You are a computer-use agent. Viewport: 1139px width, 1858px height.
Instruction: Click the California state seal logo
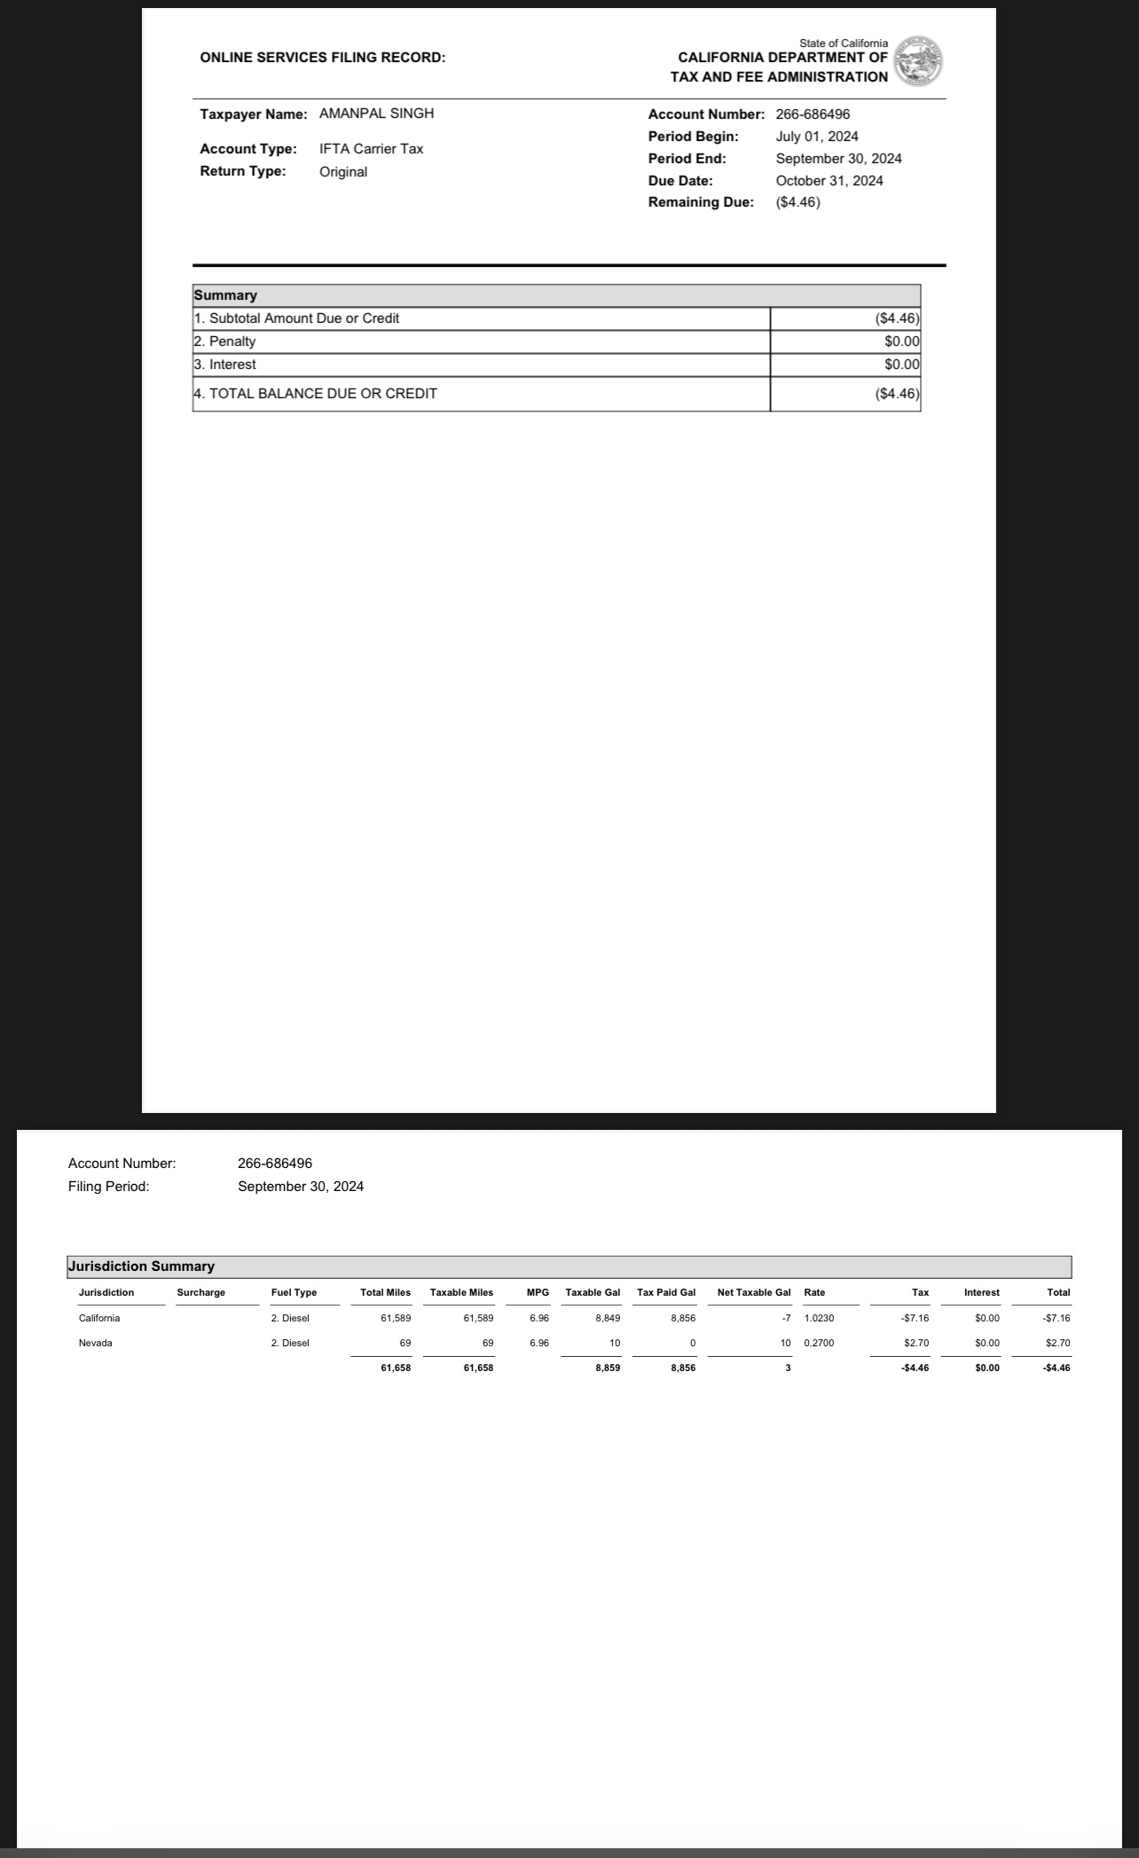(x=918, y=62)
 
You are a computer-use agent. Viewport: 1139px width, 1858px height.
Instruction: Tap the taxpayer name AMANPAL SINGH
(x=376, y=114)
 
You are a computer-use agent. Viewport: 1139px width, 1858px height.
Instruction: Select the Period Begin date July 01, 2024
(x=816, y=137)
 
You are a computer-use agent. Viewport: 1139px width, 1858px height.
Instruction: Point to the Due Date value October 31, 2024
(x=829, y=181)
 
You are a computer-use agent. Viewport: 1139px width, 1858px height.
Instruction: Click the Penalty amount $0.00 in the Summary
(x=901, y=341)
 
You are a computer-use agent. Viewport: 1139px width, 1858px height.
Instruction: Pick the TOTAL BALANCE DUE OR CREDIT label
(x=316, y=394)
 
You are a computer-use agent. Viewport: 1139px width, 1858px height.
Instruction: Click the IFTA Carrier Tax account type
(x=371, y=149)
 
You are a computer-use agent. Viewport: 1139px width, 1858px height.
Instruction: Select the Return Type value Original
(x=343, y=172)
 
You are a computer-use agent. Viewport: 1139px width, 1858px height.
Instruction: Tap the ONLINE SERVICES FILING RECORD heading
(x=323, y=58)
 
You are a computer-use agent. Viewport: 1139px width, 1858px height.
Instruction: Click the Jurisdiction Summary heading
(x=142, y=1266)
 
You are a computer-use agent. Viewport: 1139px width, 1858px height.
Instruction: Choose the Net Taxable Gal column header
(x=753, y=1292)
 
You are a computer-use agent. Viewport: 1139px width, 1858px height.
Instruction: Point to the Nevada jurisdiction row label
(x=96, y=1343)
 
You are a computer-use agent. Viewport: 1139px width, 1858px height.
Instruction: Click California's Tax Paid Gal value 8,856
(x=681, y=1318)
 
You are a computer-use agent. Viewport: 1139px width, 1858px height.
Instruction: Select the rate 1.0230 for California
(x=819, y=1318)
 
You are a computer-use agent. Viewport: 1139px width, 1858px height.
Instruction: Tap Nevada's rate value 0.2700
(x=819, y=1343)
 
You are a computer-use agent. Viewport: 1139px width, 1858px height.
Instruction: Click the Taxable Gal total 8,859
(x=608, y=1368)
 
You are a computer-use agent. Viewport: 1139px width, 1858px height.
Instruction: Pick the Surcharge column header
(x=201, y=1292)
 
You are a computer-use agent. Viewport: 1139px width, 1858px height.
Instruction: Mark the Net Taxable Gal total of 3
(x=788, y=1368)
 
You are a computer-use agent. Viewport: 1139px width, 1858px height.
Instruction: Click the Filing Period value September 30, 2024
(x=301, y=1187)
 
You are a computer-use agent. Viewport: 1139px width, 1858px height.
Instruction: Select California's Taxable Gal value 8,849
(x=608, y=1318)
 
